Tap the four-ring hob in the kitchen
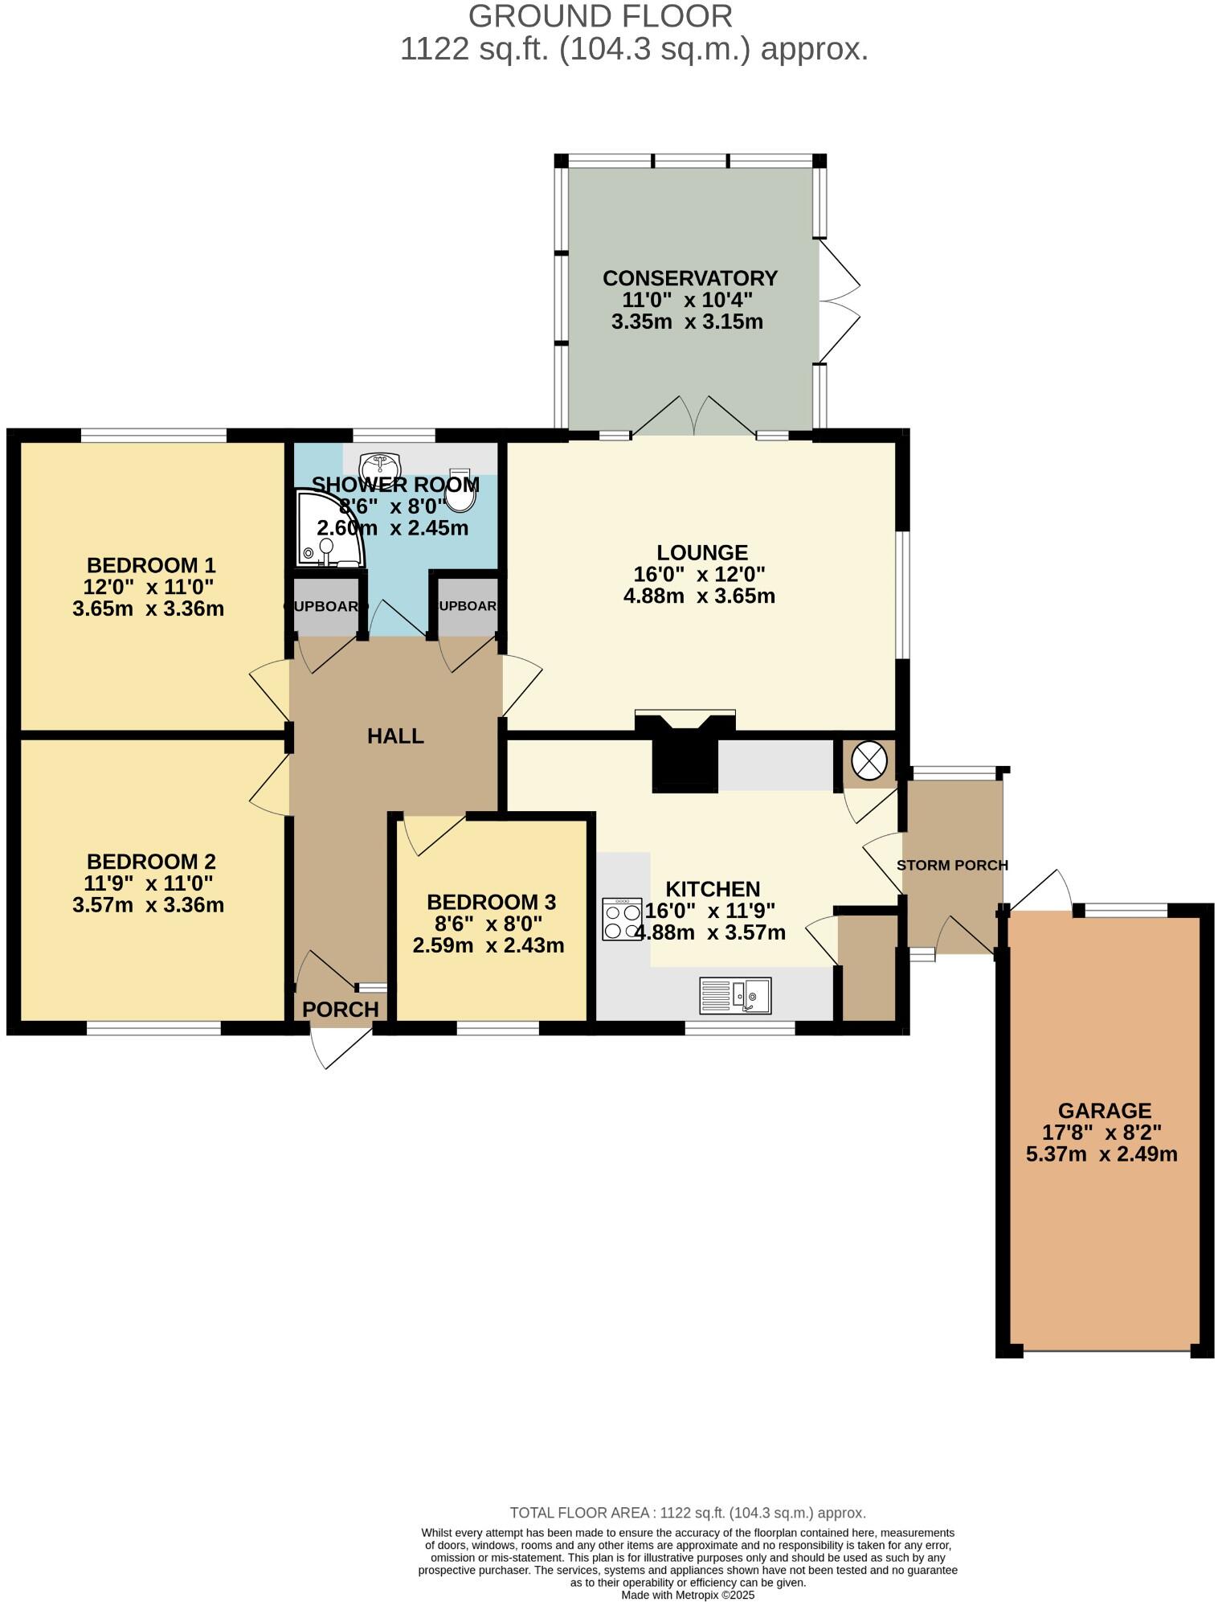(x=622, y=919)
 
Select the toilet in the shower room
(x=460, y=491)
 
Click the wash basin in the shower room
(x=381, y=465)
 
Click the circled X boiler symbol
(x=869, y=760)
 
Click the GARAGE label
(x=1104, y=1111)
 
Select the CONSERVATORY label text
(x=689, y=278)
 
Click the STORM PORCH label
(x=952, y=866)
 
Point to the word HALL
(x=395, y=736)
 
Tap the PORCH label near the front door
(x=341, y=1010)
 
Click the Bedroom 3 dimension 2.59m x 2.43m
(x=488, y=945)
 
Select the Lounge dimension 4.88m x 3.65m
(x=699, y=596)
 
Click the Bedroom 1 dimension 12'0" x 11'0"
(x=149, y=587)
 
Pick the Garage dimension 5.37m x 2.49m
(x=1102, y=1154)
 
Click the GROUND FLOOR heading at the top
(x=600, y=17)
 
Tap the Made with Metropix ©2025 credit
(x=688, y=1595)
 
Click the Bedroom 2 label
(x=151, y=862)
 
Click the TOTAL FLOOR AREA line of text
(x=688, y=1513)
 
